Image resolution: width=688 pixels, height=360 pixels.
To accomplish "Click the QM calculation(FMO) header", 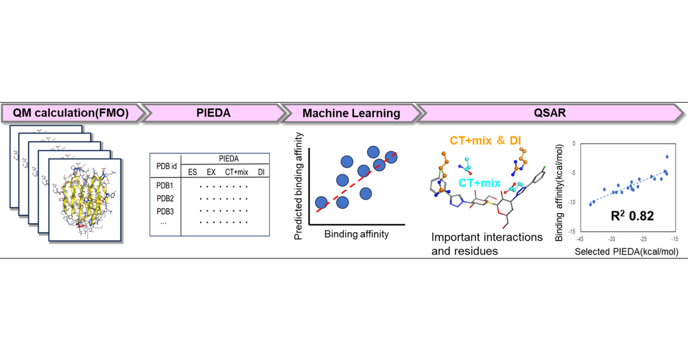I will click(x=71, y=114).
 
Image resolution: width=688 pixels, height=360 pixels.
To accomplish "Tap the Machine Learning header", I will click(x=351, y=114).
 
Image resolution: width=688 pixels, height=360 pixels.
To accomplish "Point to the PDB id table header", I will click(x=166, y=166).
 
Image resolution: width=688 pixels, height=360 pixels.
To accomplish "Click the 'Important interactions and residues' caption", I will click(x=486, y=244).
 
